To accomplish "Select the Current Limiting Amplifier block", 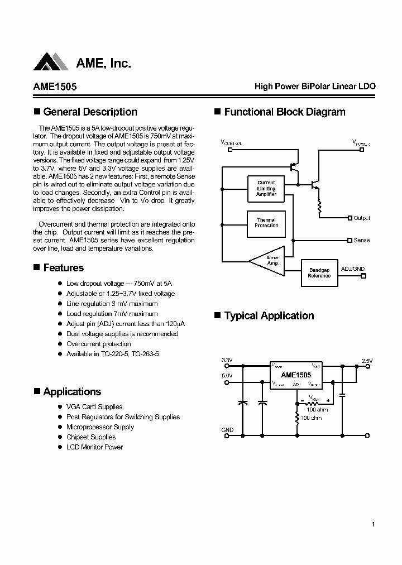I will [266, 189].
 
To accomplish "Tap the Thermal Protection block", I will [266, 223].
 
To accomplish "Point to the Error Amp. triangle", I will [269, 261].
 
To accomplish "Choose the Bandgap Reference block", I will [319, 273].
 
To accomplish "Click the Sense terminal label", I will [362, 240].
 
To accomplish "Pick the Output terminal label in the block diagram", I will [362, 218].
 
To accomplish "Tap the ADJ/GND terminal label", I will [353, 269].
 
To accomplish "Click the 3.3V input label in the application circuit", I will [227, 360].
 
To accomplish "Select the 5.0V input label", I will [227, 376].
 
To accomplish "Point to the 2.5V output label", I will [367, 361].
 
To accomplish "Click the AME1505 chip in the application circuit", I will [296, 375].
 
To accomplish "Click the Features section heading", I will [63, 268].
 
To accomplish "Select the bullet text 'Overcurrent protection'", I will [98, 344].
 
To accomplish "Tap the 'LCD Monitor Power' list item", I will [94, 447].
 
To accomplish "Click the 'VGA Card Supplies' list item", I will [94, 407].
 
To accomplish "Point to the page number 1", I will [373, 524].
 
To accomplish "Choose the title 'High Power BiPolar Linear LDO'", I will [315, 87].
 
